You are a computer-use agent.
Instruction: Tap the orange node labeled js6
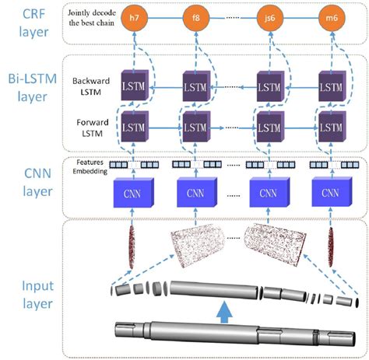[269, 16]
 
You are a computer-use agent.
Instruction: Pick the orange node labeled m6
[330, 16]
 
